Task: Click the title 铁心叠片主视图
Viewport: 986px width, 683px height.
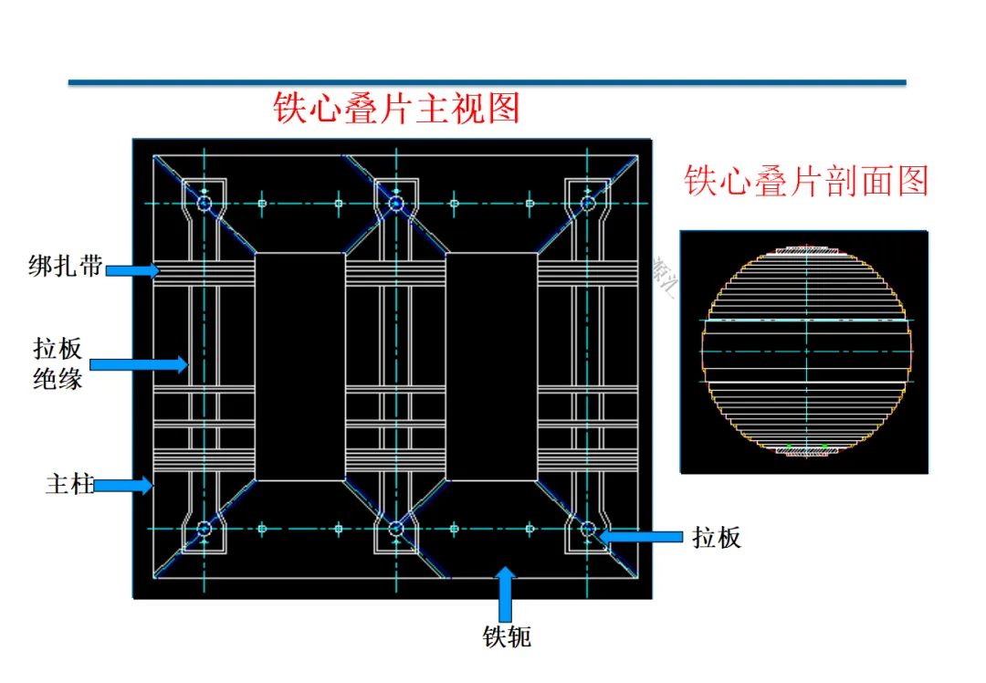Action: [396, 109]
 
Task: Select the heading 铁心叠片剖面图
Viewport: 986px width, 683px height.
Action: [806, 181]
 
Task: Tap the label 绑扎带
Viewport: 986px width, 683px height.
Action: [65, 268]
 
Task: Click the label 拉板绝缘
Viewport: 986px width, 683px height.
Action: [58, 363]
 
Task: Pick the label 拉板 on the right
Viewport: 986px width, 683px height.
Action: [717, 538]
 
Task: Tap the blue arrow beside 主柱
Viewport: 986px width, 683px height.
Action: [122, 486]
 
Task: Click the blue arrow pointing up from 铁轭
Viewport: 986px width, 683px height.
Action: [506, 594]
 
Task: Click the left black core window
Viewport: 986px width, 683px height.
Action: [299, 366]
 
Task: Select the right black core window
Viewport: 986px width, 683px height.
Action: [491, 366]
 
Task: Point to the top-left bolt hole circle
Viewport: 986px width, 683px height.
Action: [204, 203]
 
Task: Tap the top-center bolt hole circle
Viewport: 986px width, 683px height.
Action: [396, 203]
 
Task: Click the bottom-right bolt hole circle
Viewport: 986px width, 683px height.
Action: [588, 529]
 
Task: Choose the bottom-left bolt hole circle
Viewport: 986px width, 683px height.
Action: [204, 529]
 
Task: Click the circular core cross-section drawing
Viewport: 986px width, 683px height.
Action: [806, 351]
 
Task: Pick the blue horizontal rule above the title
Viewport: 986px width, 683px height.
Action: [487, 82]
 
